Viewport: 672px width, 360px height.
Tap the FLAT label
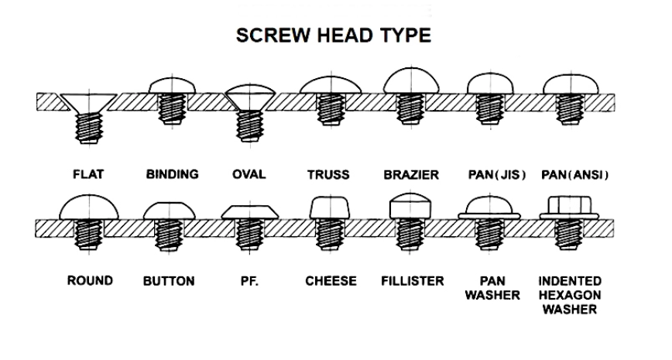click(88, 174)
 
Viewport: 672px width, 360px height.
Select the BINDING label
click(173, 174)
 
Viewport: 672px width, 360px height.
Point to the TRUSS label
click(328, 174)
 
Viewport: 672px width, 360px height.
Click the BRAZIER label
click(411, 175)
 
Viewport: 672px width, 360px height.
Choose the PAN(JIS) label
click(497, 175)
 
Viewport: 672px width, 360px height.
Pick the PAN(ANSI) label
click(574, 175)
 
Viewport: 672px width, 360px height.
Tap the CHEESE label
click(331, 281)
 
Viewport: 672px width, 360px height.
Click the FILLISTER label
click(413, 281)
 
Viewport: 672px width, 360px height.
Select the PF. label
click(249, 282)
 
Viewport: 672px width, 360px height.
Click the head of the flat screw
click(87, 103)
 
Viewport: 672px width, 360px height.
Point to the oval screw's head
click(250, 98)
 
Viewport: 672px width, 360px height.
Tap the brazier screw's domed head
click(411, 81)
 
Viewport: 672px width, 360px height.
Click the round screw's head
click(89, 207)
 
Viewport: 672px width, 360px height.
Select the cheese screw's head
click(329, 207)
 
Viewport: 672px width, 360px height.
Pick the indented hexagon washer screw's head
click(569, 207)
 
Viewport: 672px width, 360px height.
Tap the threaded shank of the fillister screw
click(410, 234)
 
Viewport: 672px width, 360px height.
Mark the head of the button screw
click(169, 211)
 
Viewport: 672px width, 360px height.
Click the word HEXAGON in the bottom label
click(570, 295)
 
